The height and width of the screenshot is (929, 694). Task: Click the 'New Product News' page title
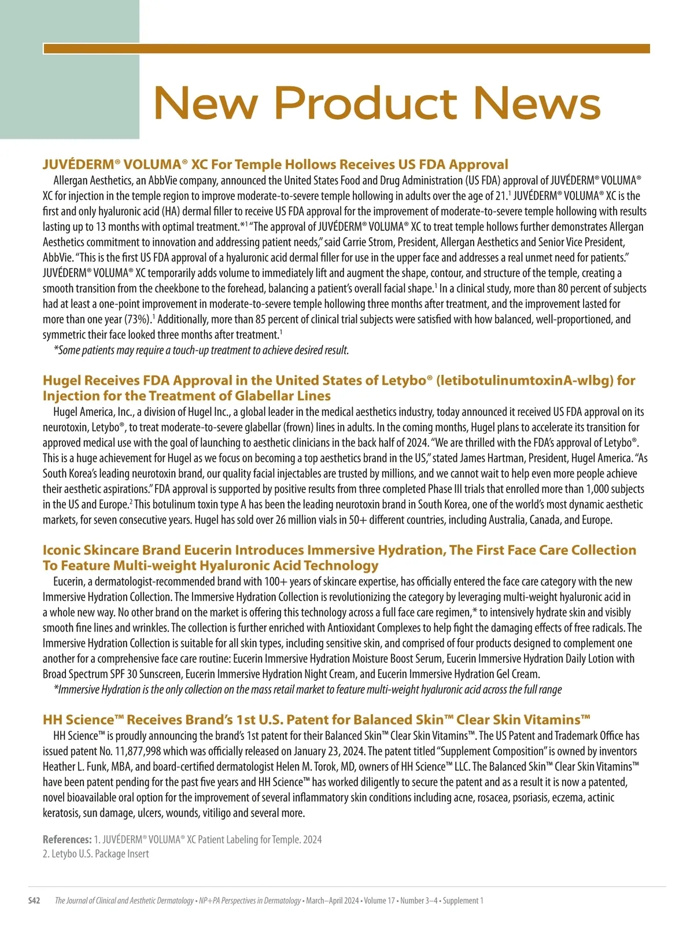coord(377,103)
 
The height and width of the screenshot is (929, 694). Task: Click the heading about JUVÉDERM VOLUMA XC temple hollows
coord(275,164)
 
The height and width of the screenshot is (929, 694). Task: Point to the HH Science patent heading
coord(316,720)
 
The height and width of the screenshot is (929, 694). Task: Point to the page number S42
coord(35,901)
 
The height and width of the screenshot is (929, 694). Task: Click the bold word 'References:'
coord(67,839)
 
